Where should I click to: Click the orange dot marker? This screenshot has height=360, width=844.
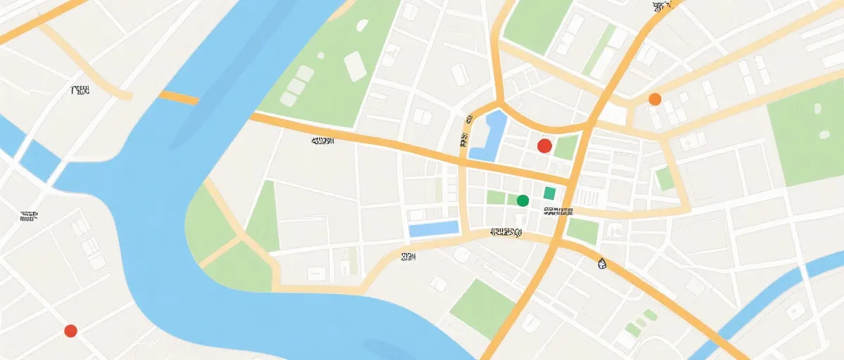[x=655, y=99]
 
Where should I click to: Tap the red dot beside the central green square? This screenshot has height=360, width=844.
[x=544, y=146]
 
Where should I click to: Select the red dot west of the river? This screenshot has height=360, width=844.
[x=70, y=330]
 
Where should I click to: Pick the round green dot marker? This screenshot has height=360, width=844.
[x=523, y=200]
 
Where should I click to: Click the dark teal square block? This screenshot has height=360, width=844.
[x=549, y=193]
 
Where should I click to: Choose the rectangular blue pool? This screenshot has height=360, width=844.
[x=433, y=229]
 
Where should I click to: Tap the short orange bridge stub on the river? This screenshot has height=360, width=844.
[x=178, y=97]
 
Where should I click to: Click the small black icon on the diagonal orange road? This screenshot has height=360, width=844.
[x=601, y=264]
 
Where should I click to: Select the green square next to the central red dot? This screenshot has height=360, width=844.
[x=565, y=148]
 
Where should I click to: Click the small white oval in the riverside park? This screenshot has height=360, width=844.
[x=362, y=25]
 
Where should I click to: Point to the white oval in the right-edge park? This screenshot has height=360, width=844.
[x=817, y=109]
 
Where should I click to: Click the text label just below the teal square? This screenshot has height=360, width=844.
[x=557, y=210]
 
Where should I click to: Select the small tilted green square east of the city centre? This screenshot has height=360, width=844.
[x=665, y=179]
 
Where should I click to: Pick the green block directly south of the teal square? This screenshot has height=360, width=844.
[x=582, y=230]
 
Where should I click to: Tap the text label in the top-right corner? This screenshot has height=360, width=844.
[x=662, y=7]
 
